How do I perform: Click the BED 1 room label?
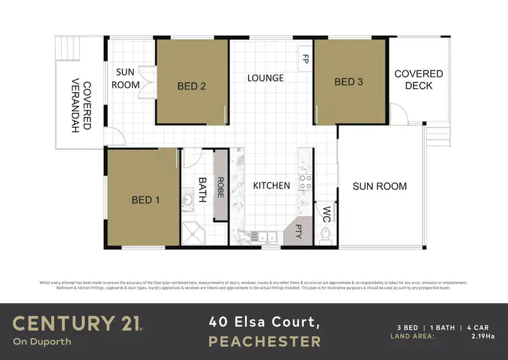pyautogui.click(x=146, y=200)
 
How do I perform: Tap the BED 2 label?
pyautogui.click(x=192, y=86)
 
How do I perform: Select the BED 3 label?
pyautogui.click(x=349, y=82)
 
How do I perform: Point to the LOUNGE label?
pyautogui.click(x=265, y=78)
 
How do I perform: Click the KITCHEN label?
pyautogui.click(x=272, y=185)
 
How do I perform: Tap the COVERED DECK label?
pyautogui.click(x=419, y=79)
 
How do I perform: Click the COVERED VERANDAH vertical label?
pyautogui.click(x=80, y=105)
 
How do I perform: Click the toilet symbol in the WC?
pyautogui.click(x=326, y=235)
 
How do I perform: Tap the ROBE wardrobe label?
pyautogui.click(x=220, y=187)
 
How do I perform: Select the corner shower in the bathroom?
pyautogui.click(x=194, y=234)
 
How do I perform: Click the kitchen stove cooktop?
pyautogui.click(x=305, y=181)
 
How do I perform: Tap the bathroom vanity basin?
pyautogui.click(x=186, y=200)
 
